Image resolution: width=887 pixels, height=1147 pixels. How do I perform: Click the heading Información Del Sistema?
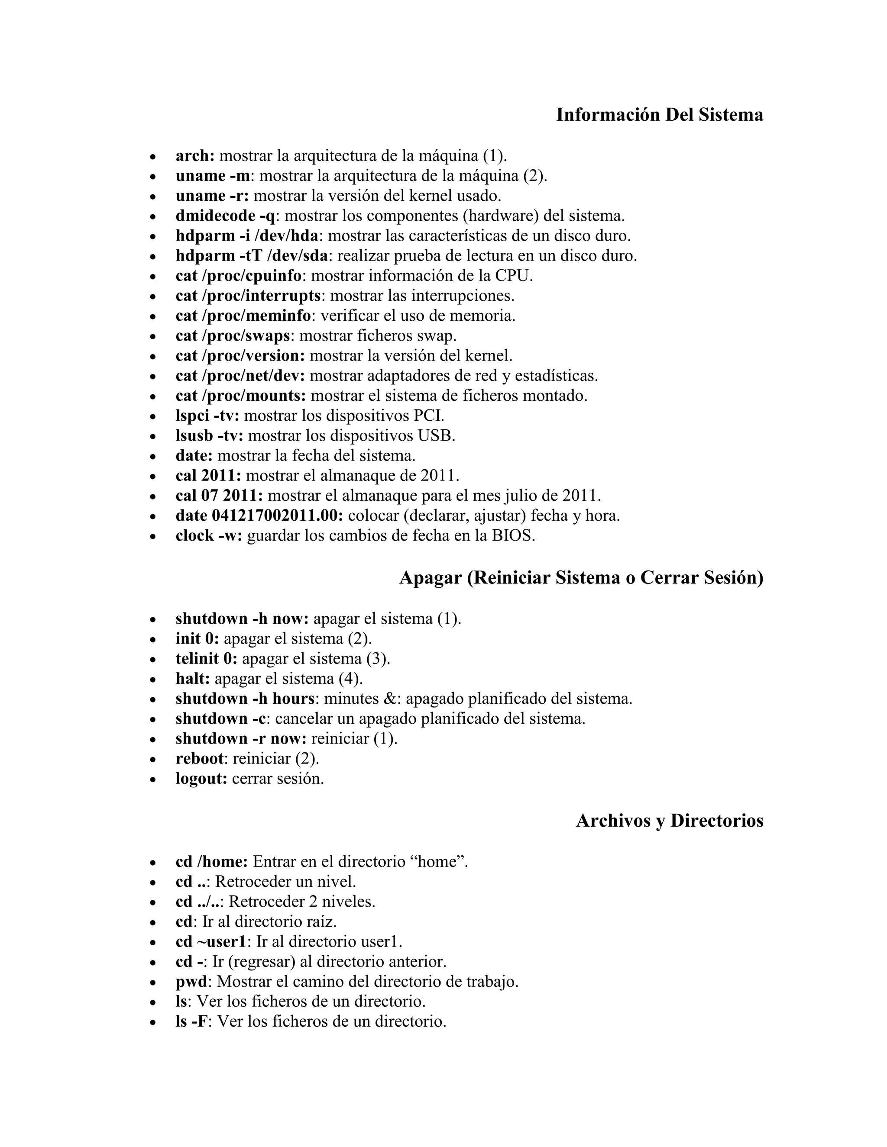(x=660, y=115)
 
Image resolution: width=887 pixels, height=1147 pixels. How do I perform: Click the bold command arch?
(x=195, y=156)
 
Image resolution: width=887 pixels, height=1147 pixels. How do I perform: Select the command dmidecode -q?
(x=225, y=216)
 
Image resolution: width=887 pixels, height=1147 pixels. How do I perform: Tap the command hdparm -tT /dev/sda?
(x=252, y=256)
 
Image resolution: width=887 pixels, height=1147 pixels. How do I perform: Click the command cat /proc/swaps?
(x=233, y=335)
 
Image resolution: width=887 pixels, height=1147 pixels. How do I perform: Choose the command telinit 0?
(x=207, y=659)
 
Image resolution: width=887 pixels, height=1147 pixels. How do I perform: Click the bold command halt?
(x=193, y=679)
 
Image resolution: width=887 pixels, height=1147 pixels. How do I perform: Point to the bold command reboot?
(x=200, y=758)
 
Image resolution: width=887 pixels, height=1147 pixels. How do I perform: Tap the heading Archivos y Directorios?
(x=670, y=820)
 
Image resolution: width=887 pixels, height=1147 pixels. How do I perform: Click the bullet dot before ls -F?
(x=153, y=1022)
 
